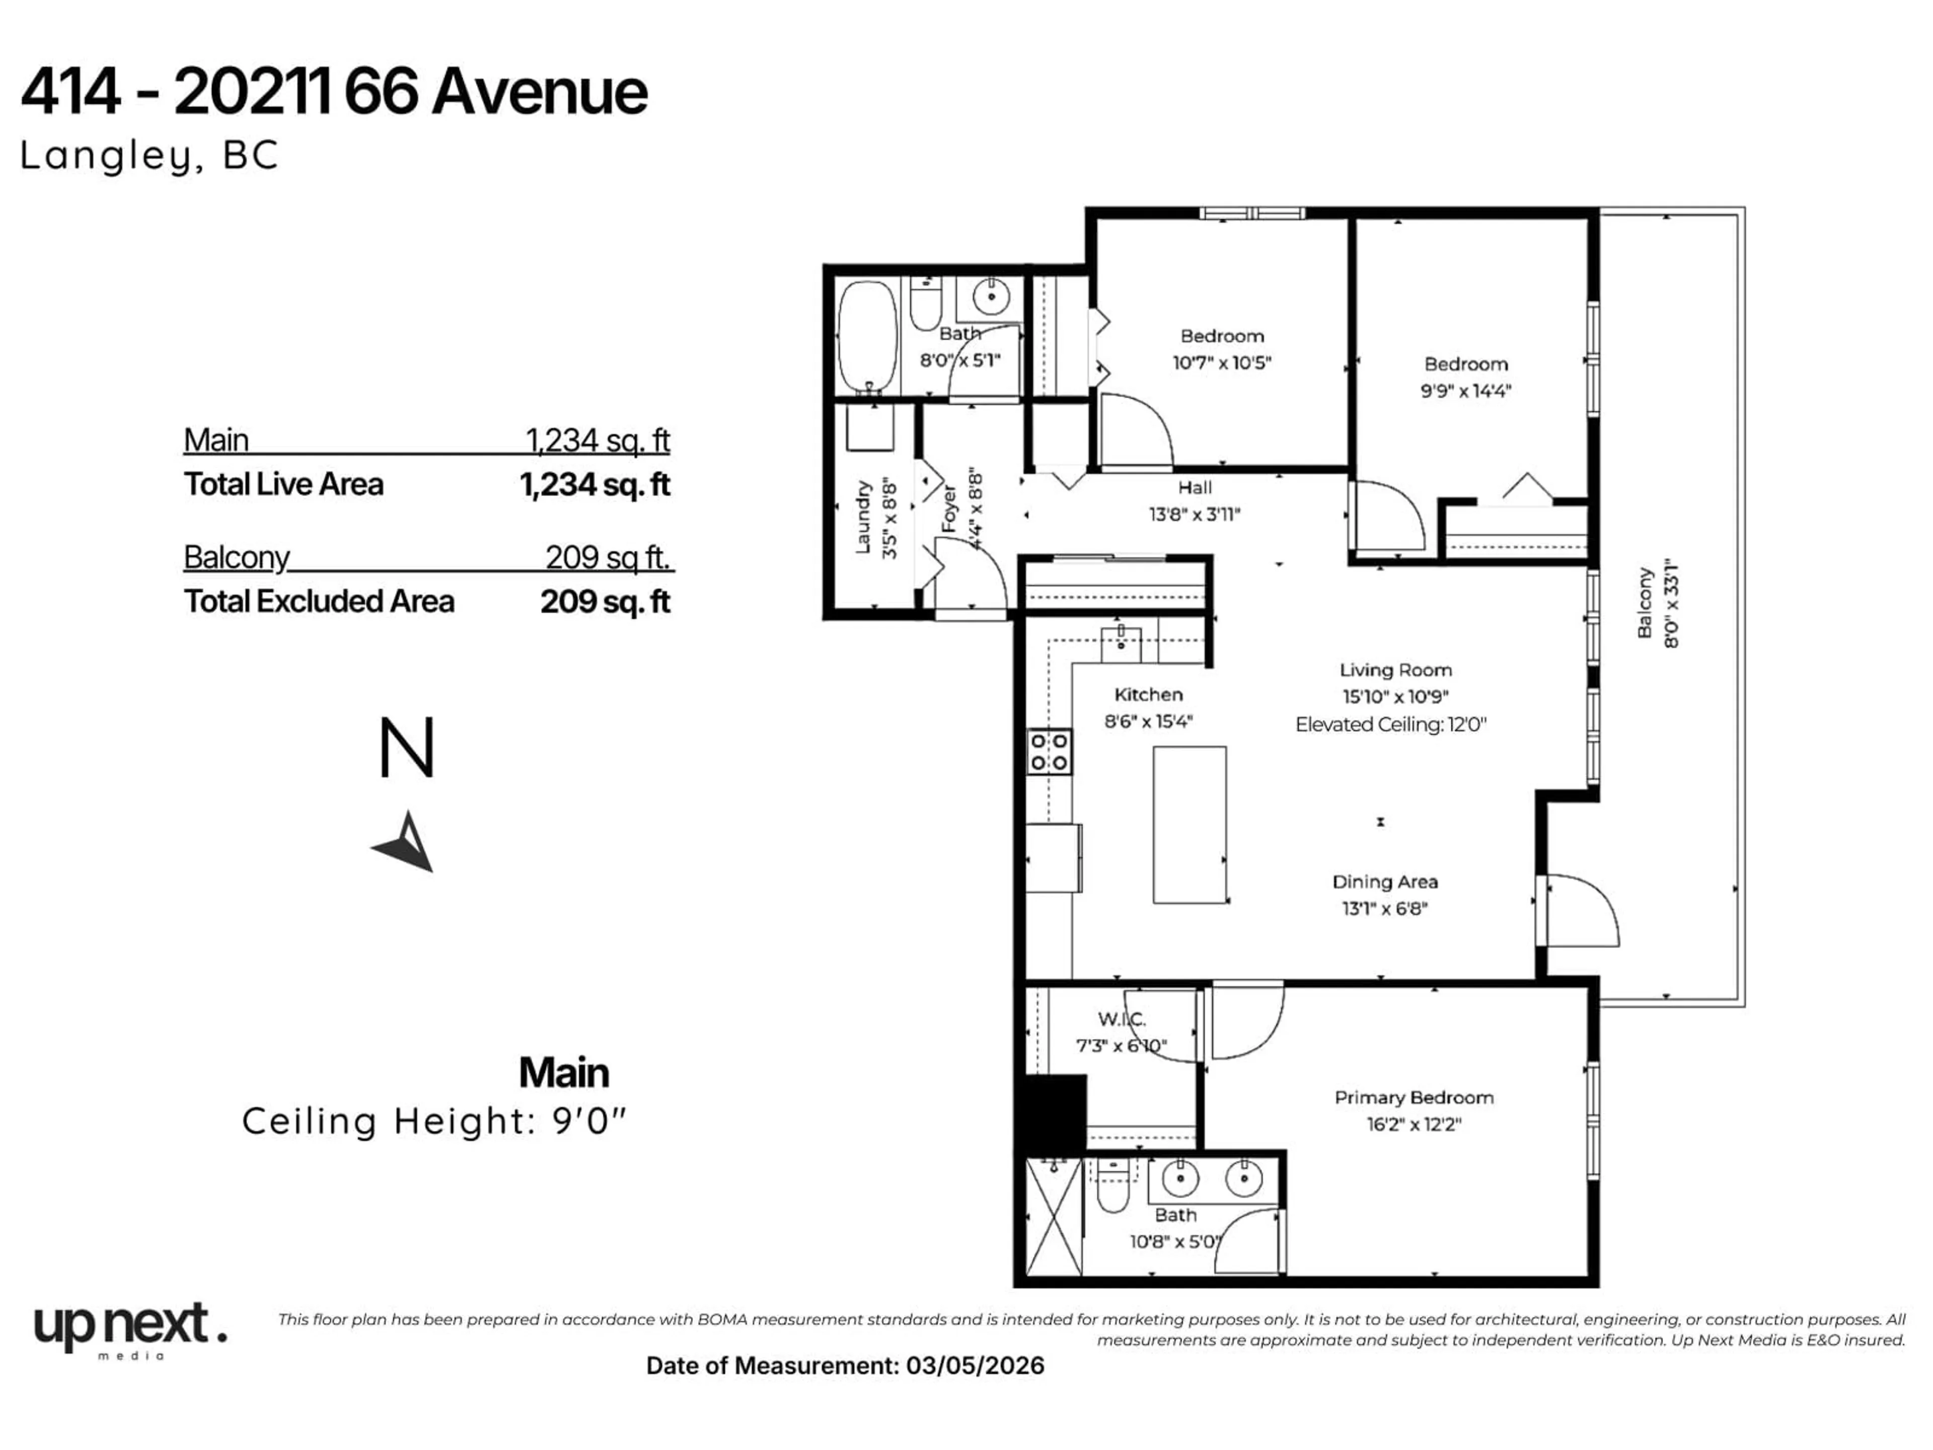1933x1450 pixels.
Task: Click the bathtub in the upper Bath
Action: point(867,336)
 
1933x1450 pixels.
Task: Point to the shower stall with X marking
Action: point(1054,1216)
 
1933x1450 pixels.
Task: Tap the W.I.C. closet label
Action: point(1121,1019)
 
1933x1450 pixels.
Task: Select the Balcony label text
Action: point(1645,603)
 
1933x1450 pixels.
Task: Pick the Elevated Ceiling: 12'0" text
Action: point(1390,724)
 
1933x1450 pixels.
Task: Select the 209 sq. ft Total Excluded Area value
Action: point(605,602)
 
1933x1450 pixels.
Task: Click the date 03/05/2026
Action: point(975,1366)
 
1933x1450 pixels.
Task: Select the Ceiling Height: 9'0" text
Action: point(434,1121)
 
